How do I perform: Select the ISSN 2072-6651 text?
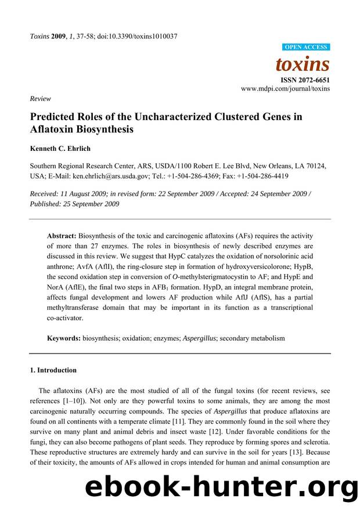coord(305,79)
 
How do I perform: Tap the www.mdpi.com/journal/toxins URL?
coord(285,89)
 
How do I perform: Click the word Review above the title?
coord(40,99)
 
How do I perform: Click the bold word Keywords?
coord(64,337)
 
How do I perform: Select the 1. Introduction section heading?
coord(53,370)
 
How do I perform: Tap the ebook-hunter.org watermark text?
coord(221,486)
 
